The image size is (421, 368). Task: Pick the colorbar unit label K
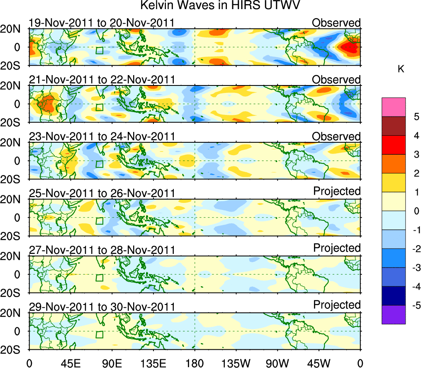tap(401, 69)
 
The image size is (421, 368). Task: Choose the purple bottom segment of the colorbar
tap(393, 314)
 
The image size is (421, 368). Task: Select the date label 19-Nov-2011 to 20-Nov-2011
tap(101, 23)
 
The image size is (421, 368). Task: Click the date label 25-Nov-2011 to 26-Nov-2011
tap(101, 193)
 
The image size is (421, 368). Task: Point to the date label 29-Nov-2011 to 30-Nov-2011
tap(101, 307)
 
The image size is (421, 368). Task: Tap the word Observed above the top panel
tap(336, 23)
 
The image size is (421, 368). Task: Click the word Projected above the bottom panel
tap(337, 305)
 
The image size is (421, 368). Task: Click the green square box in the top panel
tap(99, 50)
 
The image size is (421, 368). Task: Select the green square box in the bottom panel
tap(99, 334)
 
